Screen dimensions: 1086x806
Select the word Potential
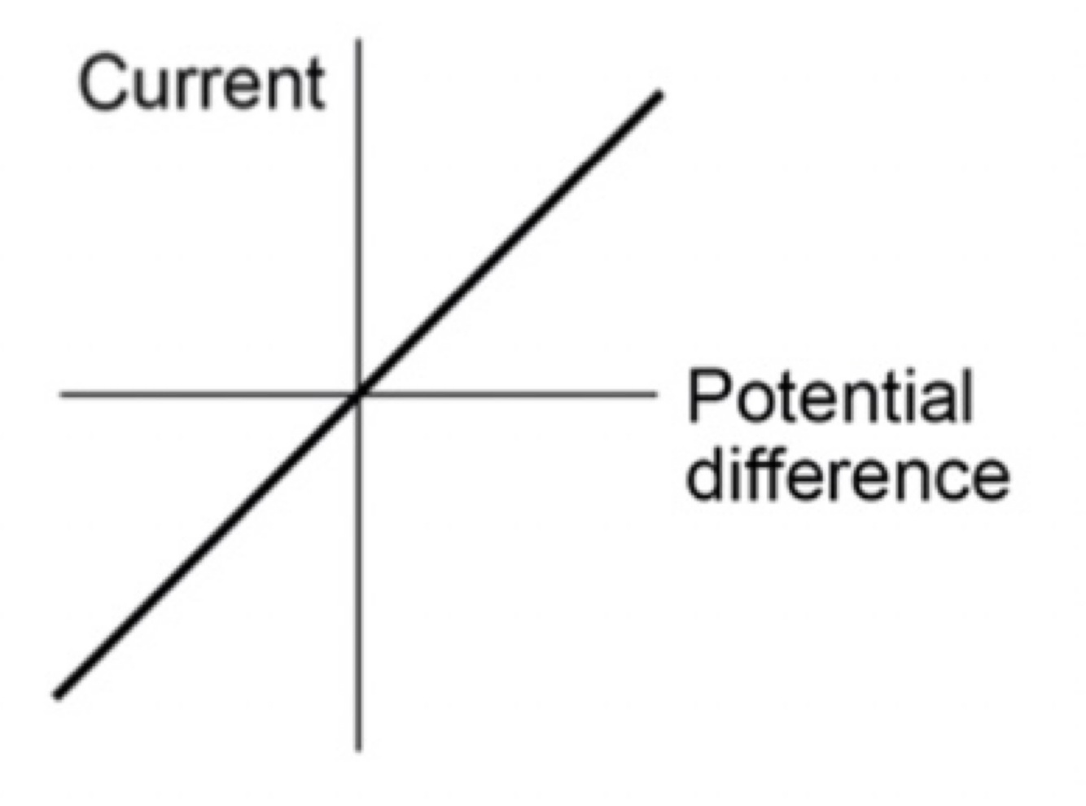point(830,396)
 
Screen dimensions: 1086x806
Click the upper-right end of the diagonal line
point(659,95)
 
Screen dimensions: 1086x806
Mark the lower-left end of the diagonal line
point(56,695)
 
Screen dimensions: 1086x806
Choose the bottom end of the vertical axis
point(358,747)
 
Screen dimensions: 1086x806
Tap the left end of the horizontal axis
point(62,395)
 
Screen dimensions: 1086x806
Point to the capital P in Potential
point(704,396)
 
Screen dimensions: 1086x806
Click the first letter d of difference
point(704,472)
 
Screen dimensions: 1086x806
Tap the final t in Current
point(316,85)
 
